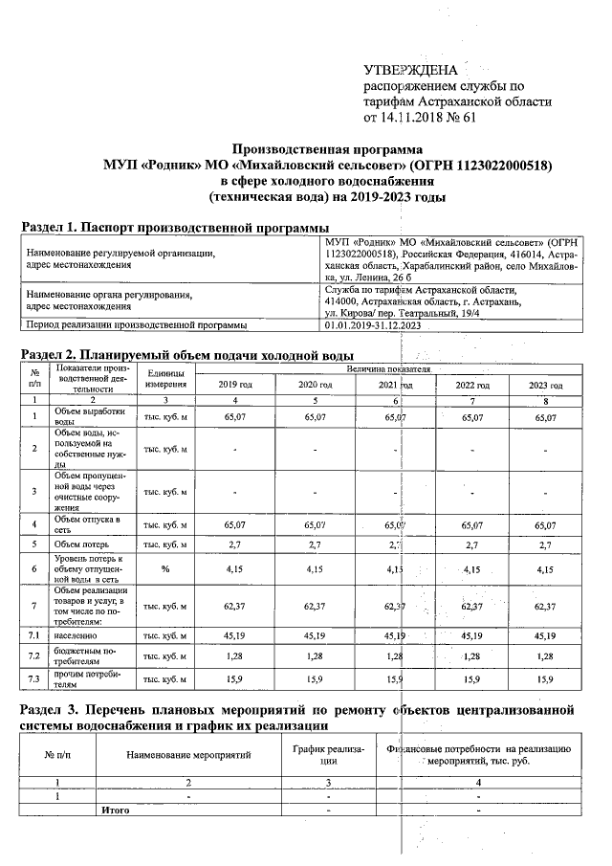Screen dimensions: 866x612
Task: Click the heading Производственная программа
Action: [x=328, y=149]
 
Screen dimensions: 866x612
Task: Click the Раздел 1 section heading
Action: [x=175, y=228]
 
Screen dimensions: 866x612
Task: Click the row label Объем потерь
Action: [x=83, y=543]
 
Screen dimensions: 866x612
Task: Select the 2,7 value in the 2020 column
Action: [x=315, y=543]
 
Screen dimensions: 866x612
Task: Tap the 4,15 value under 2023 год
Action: [x=546, y=570]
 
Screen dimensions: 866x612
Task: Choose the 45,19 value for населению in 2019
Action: [x=234, y=633]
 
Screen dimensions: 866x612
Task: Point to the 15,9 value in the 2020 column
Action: [x=315, y=679]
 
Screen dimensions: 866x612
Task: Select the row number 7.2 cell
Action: [x=34, y=655]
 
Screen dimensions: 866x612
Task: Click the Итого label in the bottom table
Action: [x=116, y=810]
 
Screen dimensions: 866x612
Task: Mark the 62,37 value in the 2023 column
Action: [x=546, y=606]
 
